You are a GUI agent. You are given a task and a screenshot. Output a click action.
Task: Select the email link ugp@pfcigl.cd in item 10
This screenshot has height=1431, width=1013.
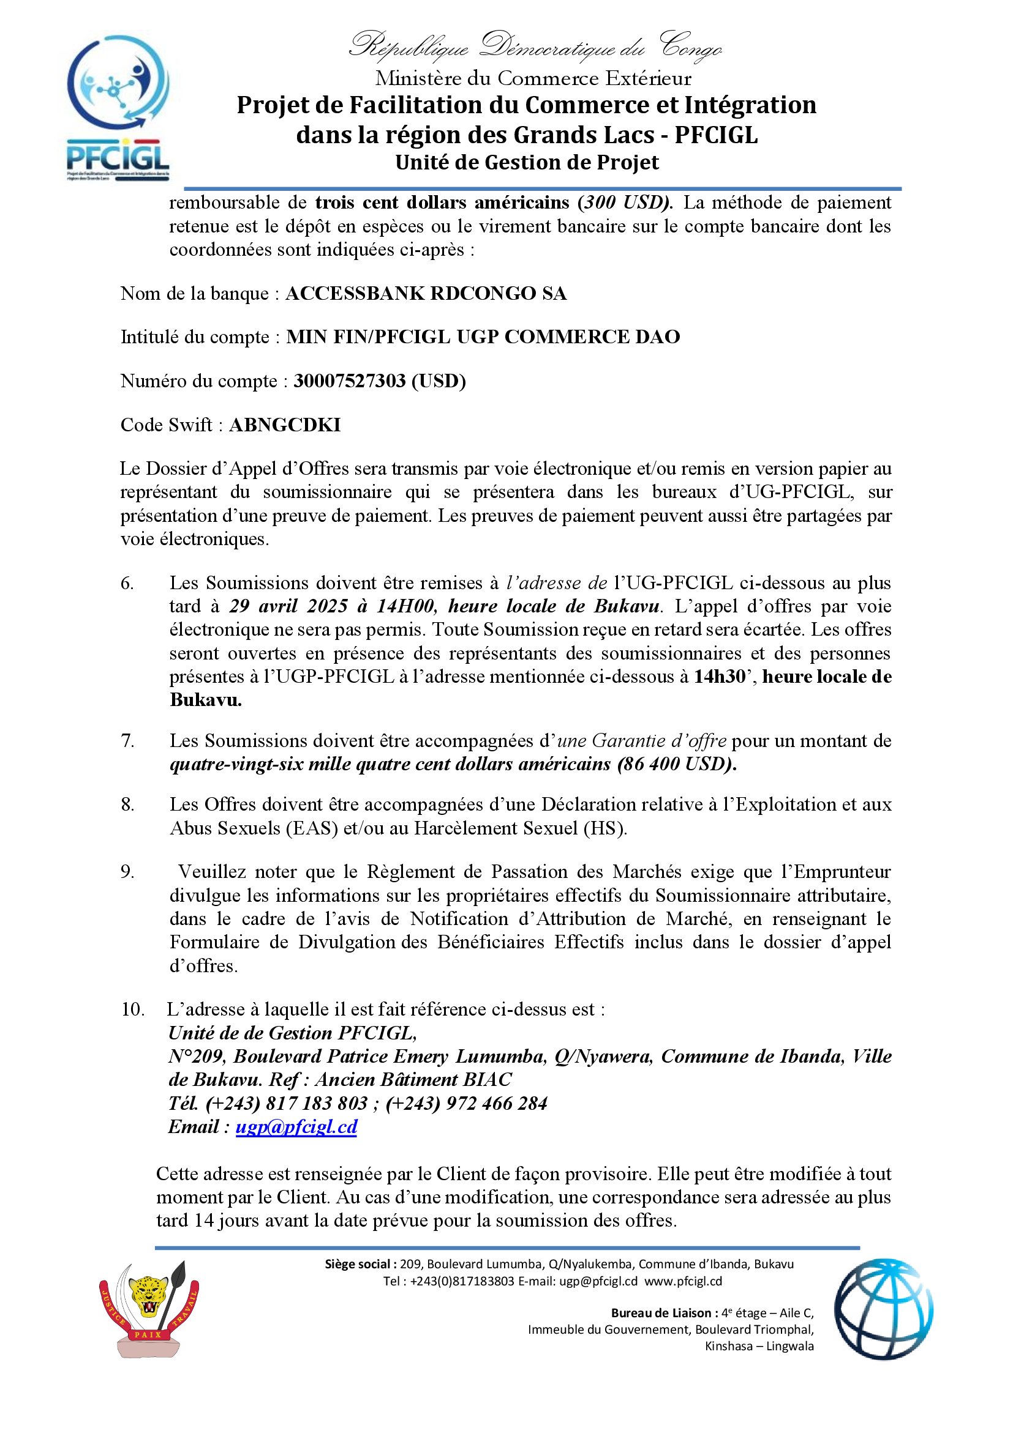[296, 1127]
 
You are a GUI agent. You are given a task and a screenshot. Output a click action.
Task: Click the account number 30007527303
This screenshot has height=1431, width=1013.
[349, 381]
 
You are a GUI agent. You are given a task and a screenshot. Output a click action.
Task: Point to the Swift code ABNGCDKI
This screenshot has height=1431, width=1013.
[285, 425]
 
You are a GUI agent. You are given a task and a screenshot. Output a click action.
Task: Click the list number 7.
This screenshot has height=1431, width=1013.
[127, 741]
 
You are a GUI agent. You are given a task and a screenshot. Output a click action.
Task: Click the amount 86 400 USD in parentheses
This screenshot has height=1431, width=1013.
[676, 765]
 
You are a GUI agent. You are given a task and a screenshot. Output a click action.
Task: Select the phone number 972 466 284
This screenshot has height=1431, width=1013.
[497, 1104]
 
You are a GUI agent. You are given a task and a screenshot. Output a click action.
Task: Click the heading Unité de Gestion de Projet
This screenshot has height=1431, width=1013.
[527, 163]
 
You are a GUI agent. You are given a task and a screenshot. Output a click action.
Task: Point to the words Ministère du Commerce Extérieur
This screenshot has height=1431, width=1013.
[533, 78]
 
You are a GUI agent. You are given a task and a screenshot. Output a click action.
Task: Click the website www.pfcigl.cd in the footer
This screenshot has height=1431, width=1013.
[683, 1282]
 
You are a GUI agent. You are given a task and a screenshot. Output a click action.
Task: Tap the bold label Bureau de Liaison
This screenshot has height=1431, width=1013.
[661, 1313]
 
